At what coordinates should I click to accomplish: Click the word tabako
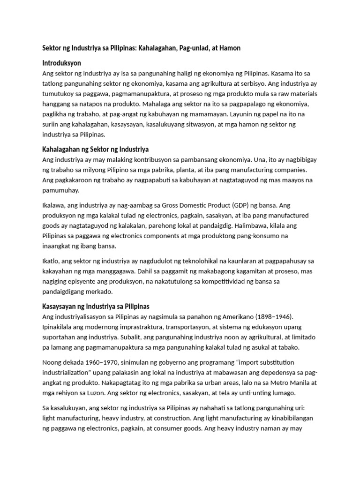pos(289,347)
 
